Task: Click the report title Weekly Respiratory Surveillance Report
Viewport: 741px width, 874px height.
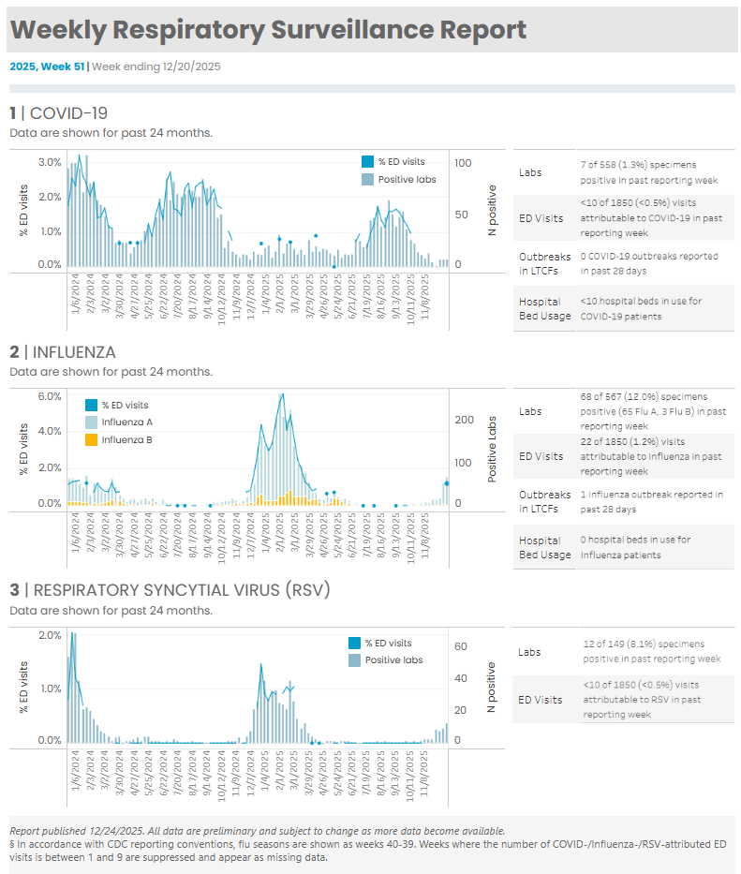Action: (x=268, y=30)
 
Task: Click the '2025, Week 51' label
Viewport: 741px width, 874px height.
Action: (x=47, y=67)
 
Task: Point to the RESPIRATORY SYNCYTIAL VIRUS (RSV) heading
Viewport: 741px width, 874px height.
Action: (x=170, y=590)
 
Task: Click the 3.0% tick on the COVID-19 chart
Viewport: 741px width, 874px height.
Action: (x=50, y=162)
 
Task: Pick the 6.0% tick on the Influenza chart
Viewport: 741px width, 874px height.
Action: (x=50, y=395)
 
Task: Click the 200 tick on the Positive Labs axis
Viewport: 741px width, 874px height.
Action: (x=465, y=420)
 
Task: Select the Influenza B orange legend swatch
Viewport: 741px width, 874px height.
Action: (x=92, y=439)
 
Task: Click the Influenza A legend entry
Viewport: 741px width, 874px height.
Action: (x=126, y=422)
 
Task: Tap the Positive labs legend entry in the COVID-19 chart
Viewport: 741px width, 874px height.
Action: (x=400, y=179)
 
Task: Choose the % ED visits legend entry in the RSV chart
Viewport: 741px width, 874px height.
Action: (x=388, y=644)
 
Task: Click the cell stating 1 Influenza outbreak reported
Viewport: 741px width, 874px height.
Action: (x=651, y=501)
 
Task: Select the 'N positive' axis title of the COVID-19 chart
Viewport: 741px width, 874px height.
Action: (x=492, y=210)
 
